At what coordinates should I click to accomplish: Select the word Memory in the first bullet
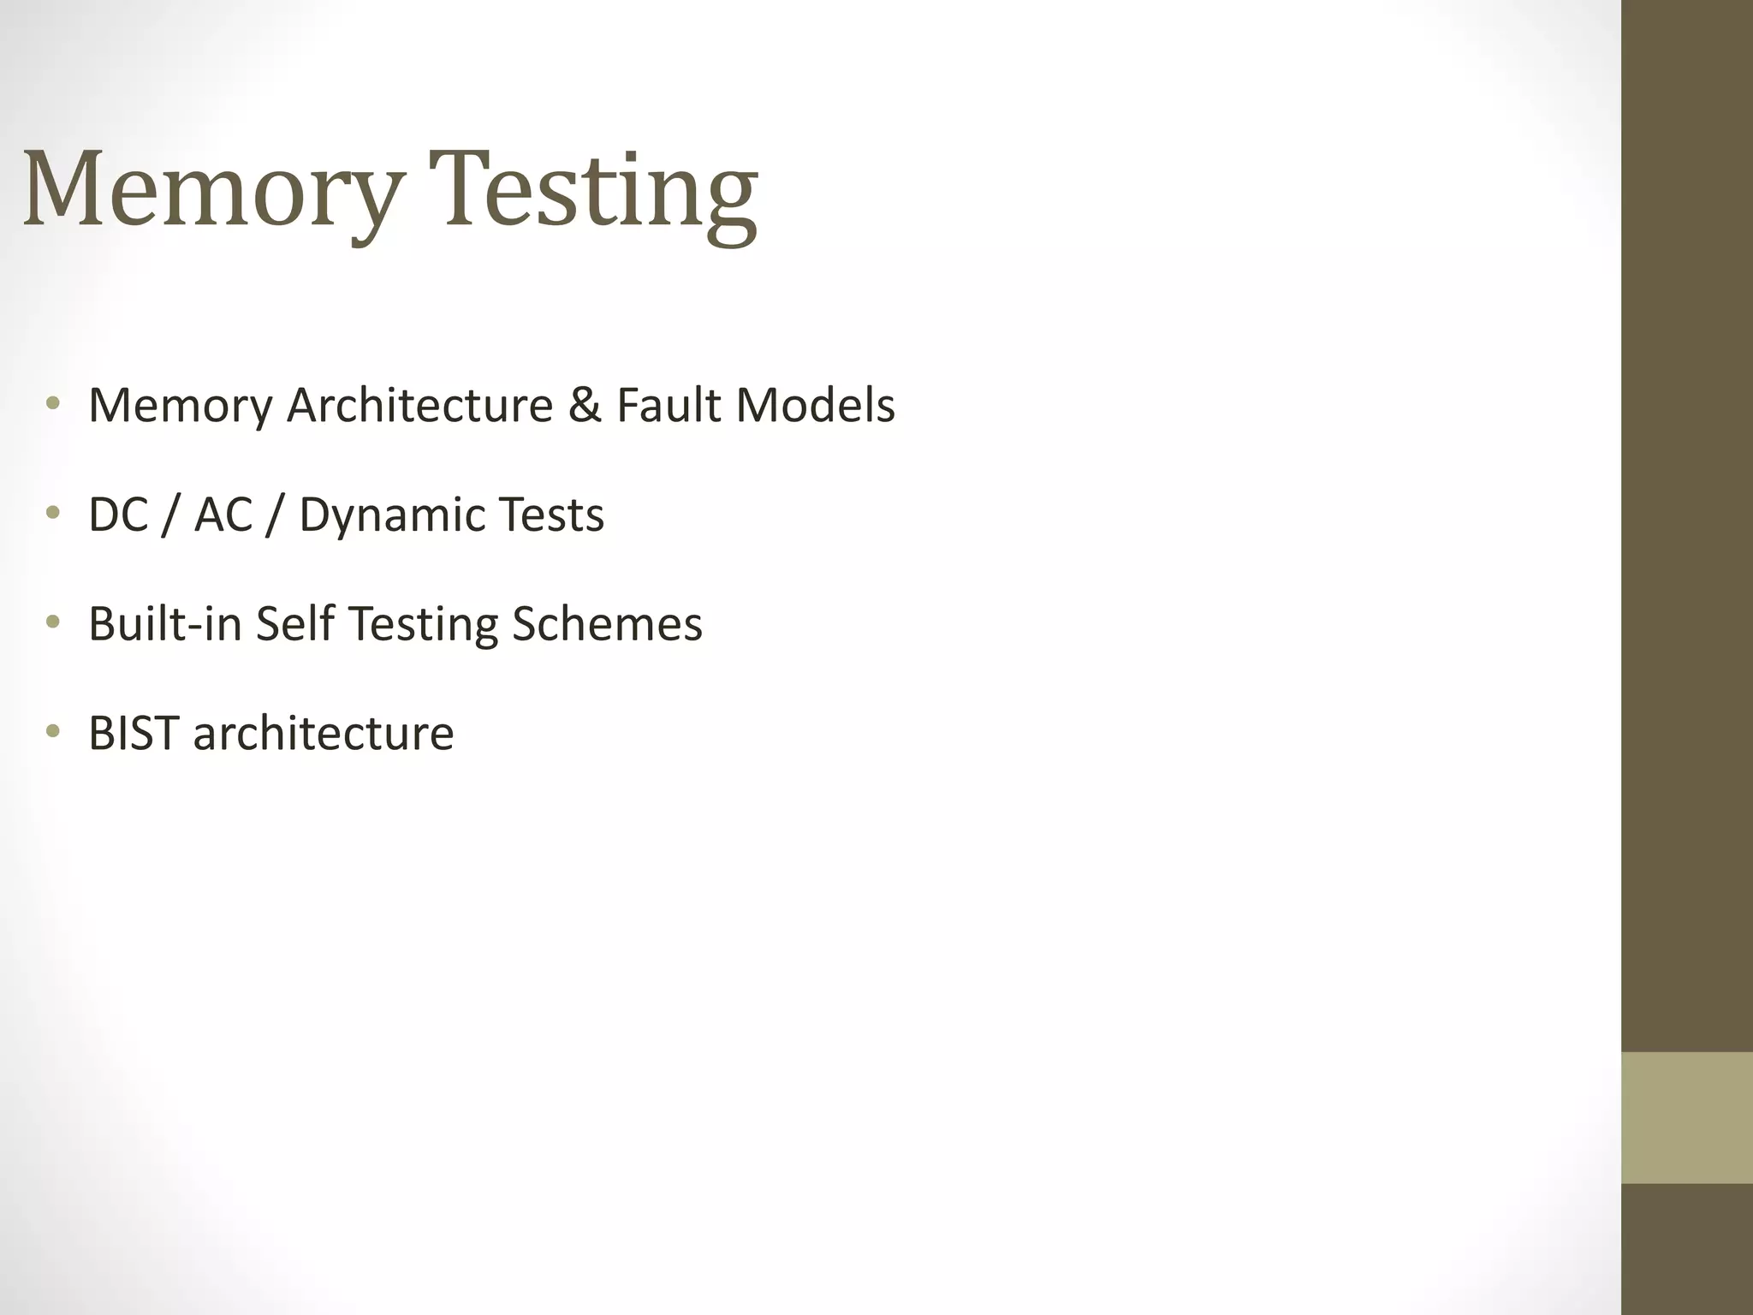(x=180, y=405)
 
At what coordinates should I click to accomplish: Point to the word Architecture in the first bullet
(x=419, y=405)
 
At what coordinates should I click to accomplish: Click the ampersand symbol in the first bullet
(x=585, y=405)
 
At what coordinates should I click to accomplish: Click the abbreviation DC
(x=118, y=515)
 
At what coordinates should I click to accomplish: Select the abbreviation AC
(x=223, y=515)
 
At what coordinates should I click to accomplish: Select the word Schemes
(x=607, y=623)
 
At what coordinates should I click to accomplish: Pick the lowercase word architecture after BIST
(x=324, y=733)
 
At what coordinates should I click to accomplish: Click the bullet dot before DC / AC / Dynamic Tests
(x=53, y=513)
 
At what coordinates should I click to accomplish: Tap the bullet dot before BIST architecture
(x=53, y=731)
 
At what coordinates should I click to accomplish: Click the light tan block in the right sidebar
(x=1686, y=1118)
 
